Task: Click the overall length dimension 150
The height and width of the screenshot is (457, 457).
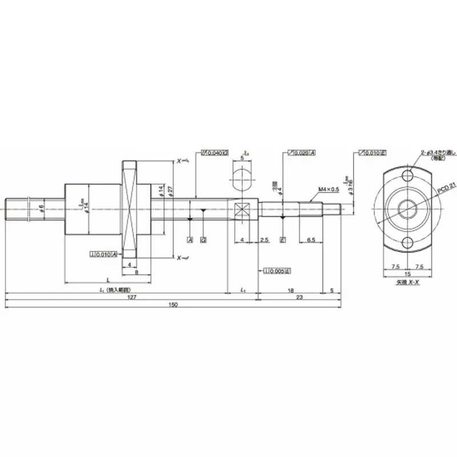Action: point(173,304)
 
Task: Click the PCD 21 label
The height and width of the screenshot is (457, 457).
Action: point(439,186)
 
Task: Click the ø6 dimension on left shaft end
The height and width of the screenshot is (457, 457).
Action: point(41,208)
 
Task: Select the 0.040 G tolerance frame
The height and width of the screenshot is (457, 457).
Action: point(215,153)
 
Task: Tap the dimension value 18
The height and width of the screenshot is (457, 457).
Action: point(290,290)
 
